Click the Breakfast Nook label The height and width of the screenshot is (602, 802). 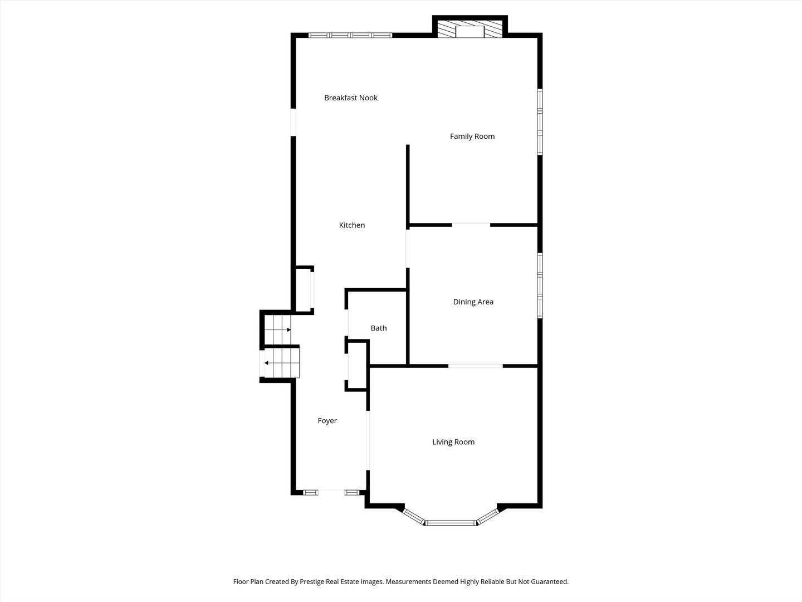[351, 98]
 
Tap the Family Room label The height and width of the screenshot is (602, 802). [472, 137]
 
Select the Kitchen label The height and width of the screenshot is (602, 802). [352, 225]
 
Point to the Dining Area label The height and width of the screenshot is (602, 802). [473, 302]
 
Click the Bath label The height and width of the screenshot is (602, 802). [379, 328]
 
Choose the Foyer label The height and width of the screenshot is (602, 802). [327, 421]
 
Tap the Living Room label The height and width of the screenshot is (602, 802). [453, 442]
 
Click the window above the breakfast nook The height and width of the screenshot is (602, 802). [350, 35]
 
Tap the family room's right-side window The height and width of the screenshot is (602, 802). [540, 122]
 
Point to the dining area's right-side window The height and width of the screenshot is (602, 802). [540, 286]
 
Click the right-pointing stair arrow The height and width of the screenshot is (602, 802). [288, 330]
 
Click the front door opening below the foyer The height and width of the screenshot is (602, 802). [331, 492]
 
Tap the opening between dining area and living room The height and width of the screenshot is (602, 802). [476, 366]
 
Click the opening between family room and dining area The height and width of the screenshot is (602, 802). [471, 225]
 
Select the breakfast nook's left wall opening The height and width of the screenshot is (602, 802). [294, 122]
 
